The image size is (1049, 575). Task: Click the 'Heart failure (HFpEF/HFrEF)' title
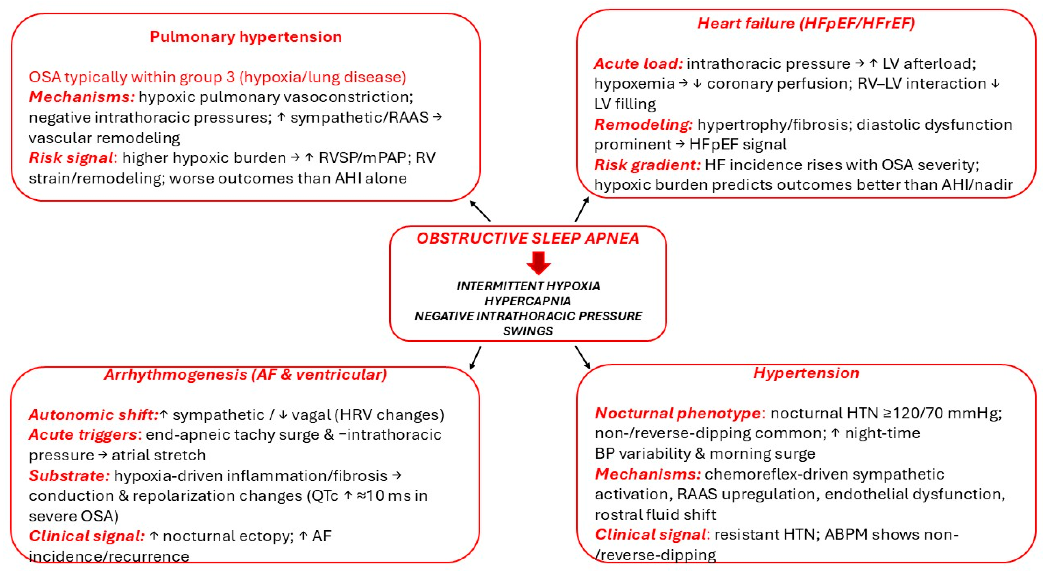[x=806, y=23]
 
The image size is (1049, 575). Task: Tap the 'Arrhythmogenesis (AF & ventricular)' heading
[x=245, y=374]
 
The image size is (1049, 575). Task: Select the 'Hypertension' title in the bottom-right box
[x=806, y=373]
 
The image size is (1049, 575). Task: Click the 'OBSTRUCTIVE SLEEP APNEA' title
[x=528, y=238]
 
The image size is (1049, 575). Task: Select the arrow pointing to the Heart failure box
[x=582, y=209]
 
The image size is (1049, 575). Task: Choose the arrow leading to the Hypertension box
[x=582, y=357]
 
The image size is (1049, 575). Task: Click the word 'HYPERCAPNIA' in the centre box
[x=528, y=301]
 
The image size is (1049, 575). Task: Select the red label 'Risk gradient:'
[x=647, y=165]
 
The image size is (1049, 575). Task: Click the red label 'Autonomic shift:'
[x=93, y=415]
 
